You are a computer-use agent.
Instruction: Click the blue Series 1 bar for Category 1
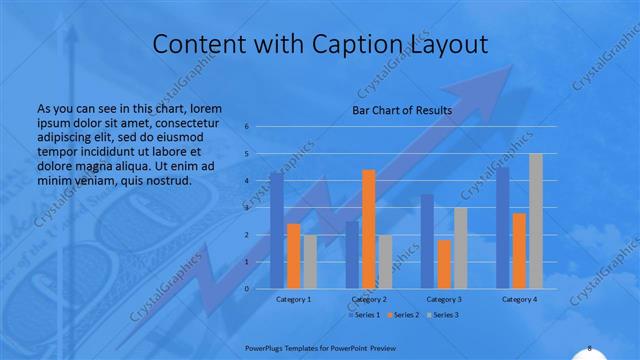pos(277,231)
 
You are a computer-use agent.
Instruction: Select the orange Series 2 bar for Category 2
pos(369,229)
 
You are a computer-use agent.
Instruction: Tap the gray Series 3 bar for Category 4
pos(536,221)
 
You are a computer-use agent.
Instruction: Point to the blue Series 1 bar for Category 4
pos(503,228)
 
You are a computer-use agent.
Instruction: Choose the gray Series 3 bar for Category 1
pos(310,262)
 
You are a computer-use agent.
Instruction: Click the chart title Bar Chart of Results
pos(402,110)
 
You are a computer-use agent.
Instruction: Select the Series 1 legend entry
pos(365,315)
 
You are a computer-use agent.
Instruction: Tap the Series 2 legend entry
pos(403,315)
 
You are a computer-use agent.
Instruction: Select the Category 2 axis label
pos(369,299)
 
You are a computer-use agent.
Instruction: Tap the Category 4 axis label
pos(519,299)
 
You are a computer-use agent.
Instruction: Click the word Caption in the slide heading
pos(346,45)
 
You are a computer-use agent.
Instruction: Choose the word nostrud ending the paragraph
pos(165,180)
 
